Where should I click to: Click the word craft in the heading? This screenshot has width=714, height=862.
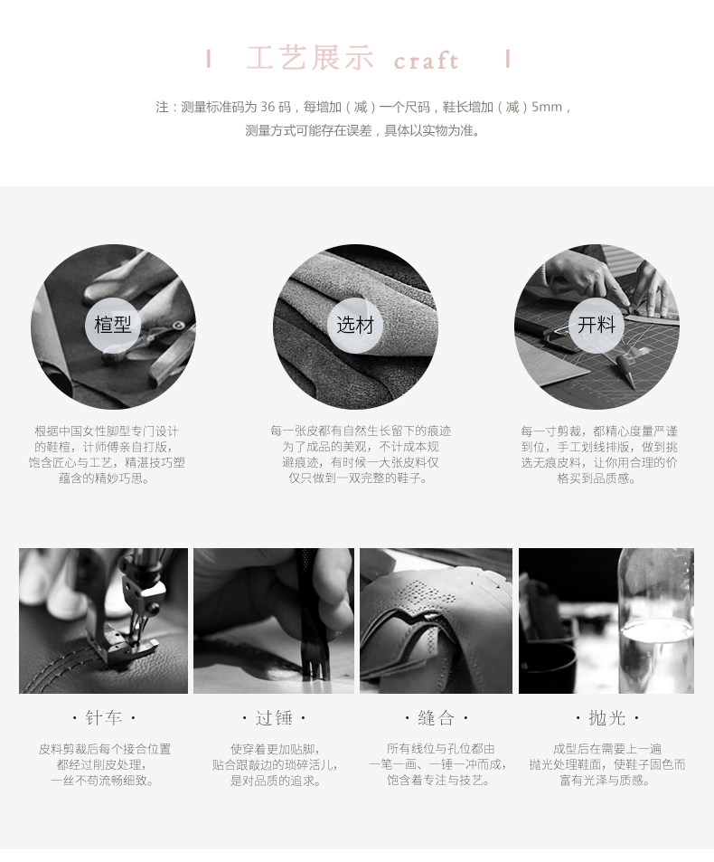pyautogui.click(x=427, y=61)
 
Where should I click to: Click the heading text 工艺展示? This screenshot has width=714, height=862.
pyautogui.click(x=310, y=58)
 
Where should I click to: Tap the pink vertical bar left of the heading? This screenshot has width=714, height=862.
pyautogui.click(x=209, y=58)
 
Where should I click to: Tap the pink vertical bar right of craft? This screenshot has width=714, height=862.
pyautogui.click(x=508, y=58)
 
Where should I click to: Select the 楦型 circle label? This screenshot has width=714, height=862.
pyautogui.click(x=113, y=325)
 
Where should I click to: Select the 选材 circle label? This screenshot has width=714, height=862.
pyautogui.click(x=355, y=325)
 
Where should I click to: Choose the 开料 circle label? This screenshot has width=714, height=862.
pyautogui.click(x=597, y=325)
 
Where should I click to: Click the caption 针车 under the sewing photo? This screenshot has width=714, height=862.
pyautogui.click(x=103, y=717)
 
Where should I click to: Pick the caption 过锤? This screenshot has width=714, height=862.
pyautogui.click(x=274, y=717)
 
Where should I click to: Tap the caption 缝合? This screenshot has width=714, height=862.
pyautogui.click(x=437, y=717)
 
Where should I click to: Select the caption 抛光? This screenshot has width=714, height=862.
pyautogui.click(x=607, y=717)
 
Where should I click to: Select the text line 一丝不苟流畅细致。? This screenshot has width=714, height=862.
pyautogui.click(x=103, y=780)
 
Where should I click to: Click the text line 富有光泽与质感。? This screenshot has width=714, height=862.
pyautogui.click(x=606, y=780)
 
